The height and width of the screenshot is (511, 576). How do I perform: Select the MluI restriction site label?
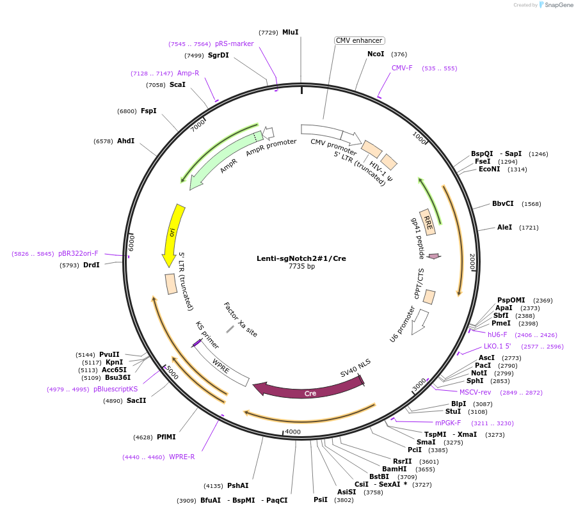291,32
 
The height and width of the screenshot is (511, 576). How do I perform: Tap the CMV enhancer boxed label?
359,40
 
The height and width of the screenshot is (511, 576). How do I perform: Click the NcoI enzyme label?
376,54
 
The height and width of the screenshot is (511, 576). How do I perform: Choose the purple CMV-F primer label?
403,68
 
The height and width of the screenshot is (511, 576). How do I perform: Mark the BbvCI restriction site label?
503,204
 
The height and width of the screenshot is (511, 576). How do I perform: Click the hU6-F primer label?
497,334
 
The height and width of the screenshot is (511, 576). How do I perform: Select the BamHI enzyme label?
394,469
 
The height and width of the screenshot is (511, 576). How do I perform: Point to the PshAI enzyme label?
237,485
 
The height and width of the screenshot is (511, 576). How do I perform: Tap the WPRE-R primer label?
182,457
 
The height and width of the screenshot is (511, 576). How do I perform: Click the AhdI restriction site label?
125,141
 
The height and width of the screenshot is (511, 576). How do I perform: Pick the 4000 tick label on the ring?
292,432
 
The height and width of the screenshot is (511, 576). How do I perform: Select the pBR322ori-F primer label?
74,253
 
